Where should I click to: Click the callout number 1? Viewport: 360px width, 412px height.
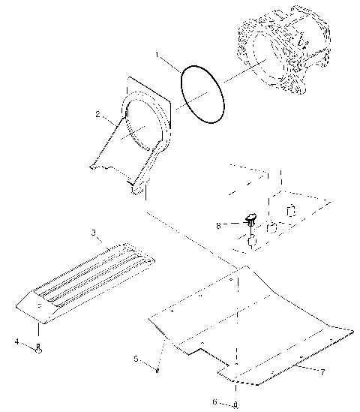point(157,55)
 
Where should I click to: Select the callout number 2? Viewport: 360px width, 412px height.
point(98,115)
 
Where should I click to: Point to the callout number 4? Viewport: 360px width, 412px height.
point(16,342)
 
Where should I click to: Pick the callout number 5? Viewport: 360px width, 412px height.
point(136,359)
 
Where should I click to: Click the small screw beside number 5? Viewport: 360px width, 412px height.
point(157,368)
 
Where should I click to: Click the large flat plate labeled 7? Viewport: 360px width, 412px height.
point(247,315)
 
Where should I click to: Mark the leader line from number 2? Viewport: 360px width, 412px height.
point(111,120)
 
